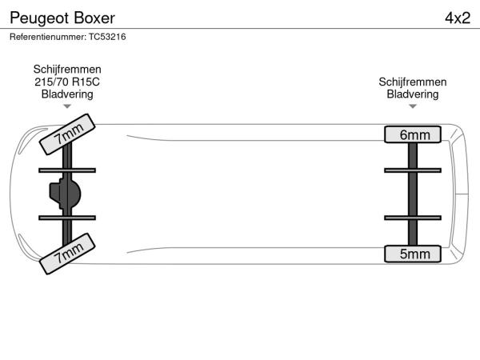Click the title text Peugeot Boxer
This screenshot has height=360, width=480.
[62, 18]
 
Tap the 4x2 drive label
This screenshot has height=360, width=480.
[457, 18]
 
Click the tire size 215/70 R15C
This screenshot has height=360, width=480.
[67, 82]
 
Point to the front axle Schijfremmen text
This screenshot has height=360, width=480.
[67, 70]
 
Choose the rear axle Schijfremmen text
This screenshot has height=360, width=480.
[413, 82]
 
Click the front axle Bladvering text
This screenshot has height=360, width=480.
[67, 94]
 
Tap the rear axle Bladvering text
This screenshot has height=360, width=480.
[413, 94]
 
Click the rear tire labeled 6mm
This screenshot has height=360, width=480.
[413, 134]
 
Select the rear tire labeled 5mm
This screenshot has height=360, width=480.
[413, 254]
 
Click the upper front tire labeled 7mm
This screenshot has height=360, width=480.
[68, 135]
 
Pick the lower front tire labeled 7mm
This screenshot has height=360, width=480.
[68, 254]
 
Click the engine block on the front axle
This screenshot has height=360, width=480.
[66, 193]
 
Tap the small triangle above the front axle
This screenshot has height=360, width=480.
[67, 106]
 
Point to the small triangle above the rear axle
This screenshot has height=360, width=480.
[413, 106]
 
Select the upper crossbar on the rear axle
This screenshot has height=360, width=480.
[413, 170]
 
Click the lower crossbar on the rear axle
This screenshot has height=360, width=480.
[413, 218]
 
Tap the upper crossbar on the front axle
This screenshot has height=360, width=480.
[67, 170]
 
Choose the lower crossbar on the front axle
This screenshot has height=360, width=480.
[67, 218]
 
